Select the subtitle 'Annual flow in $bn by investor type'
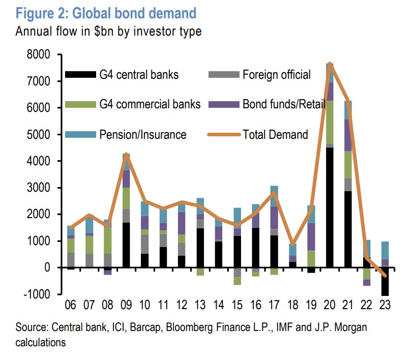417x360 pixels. point(108,31)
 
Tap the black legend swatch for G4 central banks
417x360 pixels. point(81,75)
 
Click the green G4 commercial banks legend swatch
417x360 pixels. point(81,105)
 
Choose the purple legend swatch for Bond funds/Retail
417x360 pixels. point(223,105)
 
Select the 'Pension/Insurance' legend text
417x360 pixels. point(143,135)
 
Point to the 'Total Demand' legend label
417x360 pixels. point(275,135)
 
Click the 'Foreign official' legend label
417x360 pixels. point(276,75)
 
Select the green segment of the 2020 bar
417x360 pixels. point(330,122)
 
